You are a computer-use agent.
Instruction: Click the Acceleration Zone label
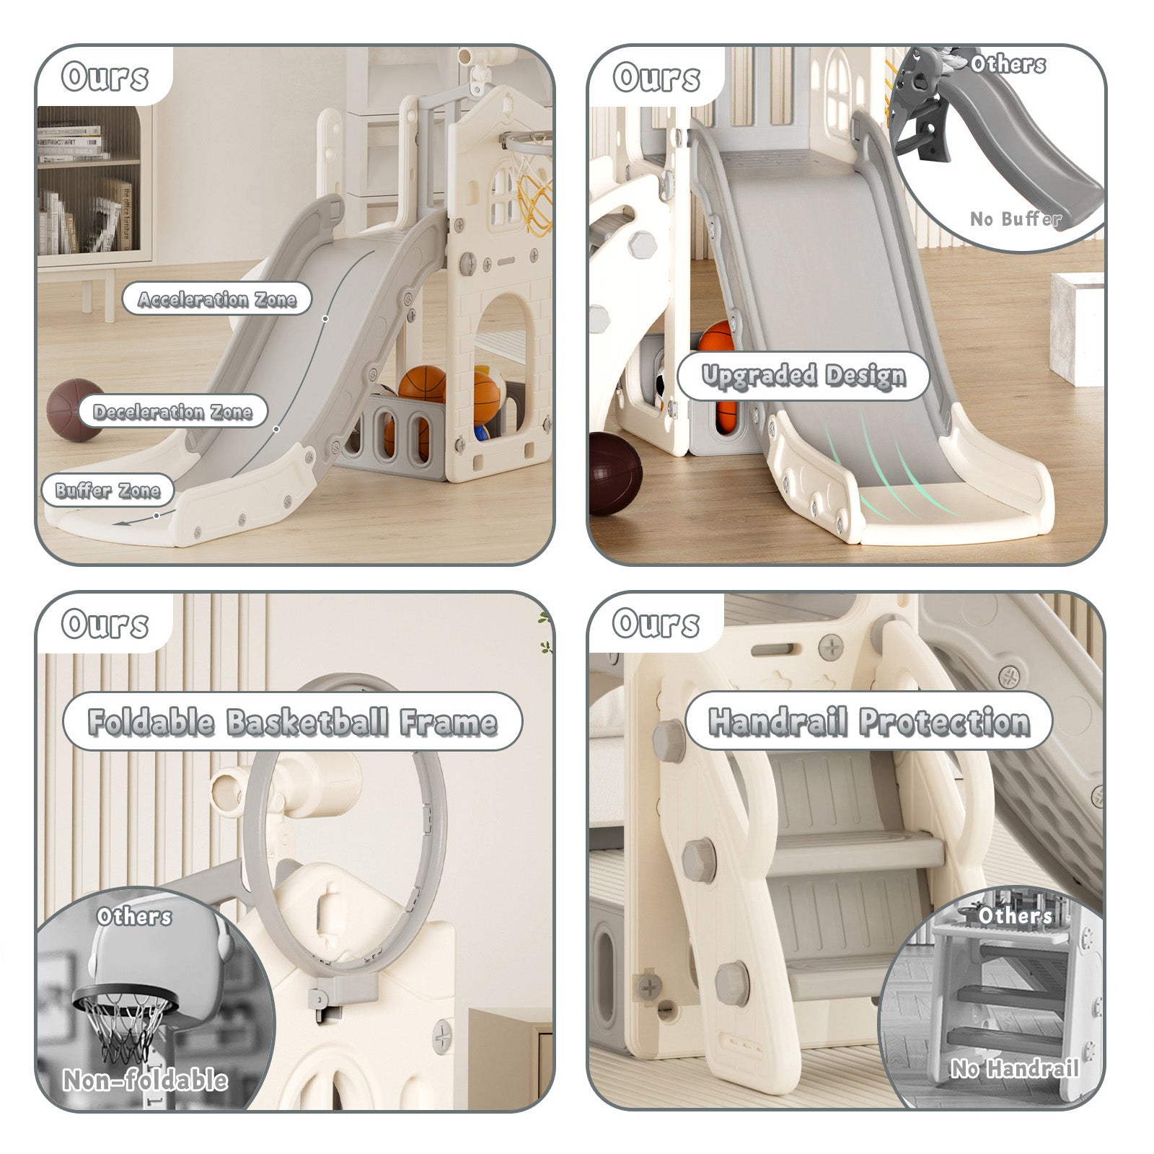click(216, 299)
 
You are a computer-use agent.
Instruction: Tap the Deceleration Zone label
click(172, 411)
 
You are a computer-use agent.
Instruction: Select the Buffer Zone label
click(107, 490)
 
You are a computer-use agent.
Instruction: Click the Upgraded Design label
click(803, 376)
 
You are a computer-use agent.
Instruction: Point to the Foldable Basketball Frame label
click(292, 721)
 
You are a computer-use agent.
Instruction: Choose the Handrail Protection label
click(868, 721)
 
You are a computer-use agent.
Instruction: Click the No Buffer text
click(1015, 218)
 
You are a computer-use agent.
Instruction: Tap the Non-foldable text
click(145, 1080)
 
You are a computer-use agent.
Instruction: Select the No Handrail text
click(1013, 1068)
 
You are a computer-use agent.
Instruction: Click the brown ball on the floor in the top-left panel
click(75, 409)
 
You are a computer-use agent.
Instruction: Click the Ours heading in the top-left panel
click(105, 77)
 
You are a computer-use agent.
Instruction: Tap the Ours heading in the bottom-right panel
click(656, 623)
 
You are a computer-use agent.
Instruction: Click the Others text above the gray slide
click(1007, 65)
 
